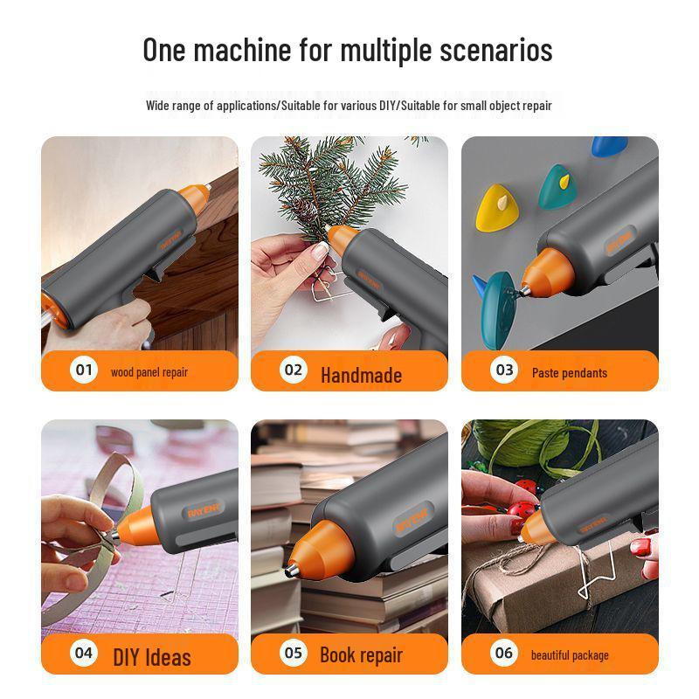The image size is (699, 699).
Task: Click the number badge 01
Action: (83, 370)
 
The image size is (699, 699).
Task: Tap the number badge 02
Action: (293, 370)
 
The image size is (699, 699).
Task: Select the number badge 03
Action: (504, 370)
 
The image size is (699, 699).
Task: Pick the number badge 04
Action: (83, 653)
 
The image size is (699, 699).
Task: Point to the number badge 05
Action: (293, 653)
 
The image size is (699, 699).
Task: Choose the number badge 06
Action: (504, 653)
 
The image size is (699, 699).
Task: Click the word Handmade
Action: (361, 376)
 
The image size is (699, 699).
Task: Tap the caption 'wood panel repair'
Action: (149, 372)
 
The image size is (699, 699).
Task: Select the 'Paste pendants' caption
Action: (570, 372)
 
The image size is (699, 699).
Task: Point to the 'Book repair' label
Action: (361, 655)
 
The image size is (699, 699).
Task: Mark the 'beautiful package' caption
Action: (570, 655)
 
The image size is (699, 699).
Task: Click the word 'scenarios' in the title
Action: (495, 50)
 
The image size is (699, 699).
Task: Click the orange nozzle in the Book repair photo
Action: (315, 545)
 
